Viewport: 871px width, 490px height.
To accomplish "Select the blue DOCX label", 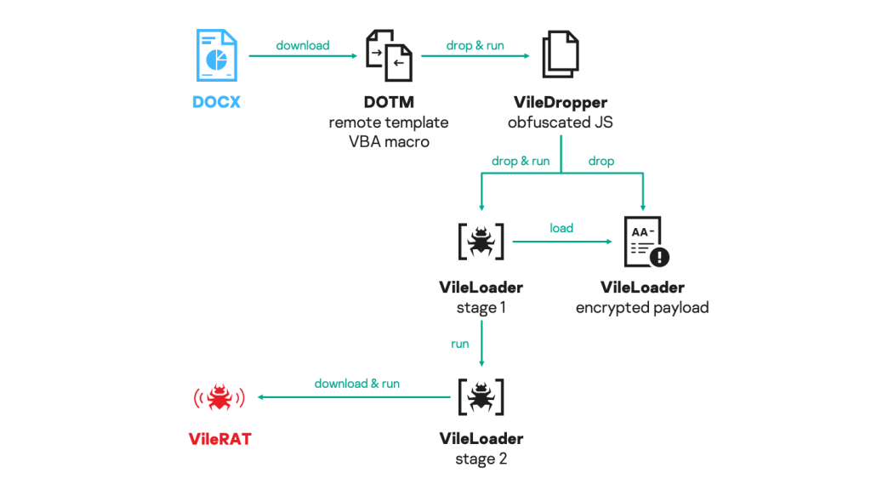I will click(216, 102).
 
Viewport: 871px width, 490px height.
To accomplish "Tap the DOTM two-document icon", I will click(389, 55).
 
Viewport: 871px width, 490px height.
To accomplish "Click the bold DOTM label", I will click(389, 102).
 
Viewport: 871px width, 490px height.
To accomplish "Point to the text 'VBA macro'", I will click(389, 142).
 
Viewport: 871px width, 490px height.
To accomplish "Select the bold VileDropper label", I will click(561, 102).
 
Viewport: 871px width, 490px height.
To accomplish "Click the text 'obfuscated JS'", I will click(561, 122).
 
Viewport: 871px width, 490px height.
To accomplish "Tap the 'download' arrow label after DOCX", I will click(303, 45).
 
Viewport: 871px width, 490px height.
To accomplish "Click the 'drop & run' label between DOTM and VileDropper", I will click(475, 45).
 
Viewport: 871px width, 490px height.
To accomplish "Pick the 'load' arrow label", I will click(561, 228).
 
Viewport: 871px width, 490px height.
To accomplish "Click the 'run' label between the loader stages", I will click(460, 345).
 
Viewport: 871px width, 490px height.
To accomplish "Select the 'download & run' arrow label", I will click(357, 384).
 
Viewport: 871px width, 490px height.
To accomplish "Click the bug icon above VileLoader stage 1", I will click(481, 242).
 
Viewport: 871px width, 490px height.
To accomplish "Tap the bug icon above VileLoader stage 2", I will click(481, 396).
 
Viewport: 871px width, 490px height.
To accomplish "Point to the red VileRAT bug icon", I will click(220, 396).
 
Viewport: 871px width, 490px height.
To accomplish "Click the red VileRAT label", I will click(219, 439).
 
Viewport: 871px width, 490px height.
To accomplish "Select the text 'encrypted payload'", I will click(642, 308).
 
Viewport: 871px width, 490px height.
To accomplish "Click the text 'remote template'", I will click(389, 122).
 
